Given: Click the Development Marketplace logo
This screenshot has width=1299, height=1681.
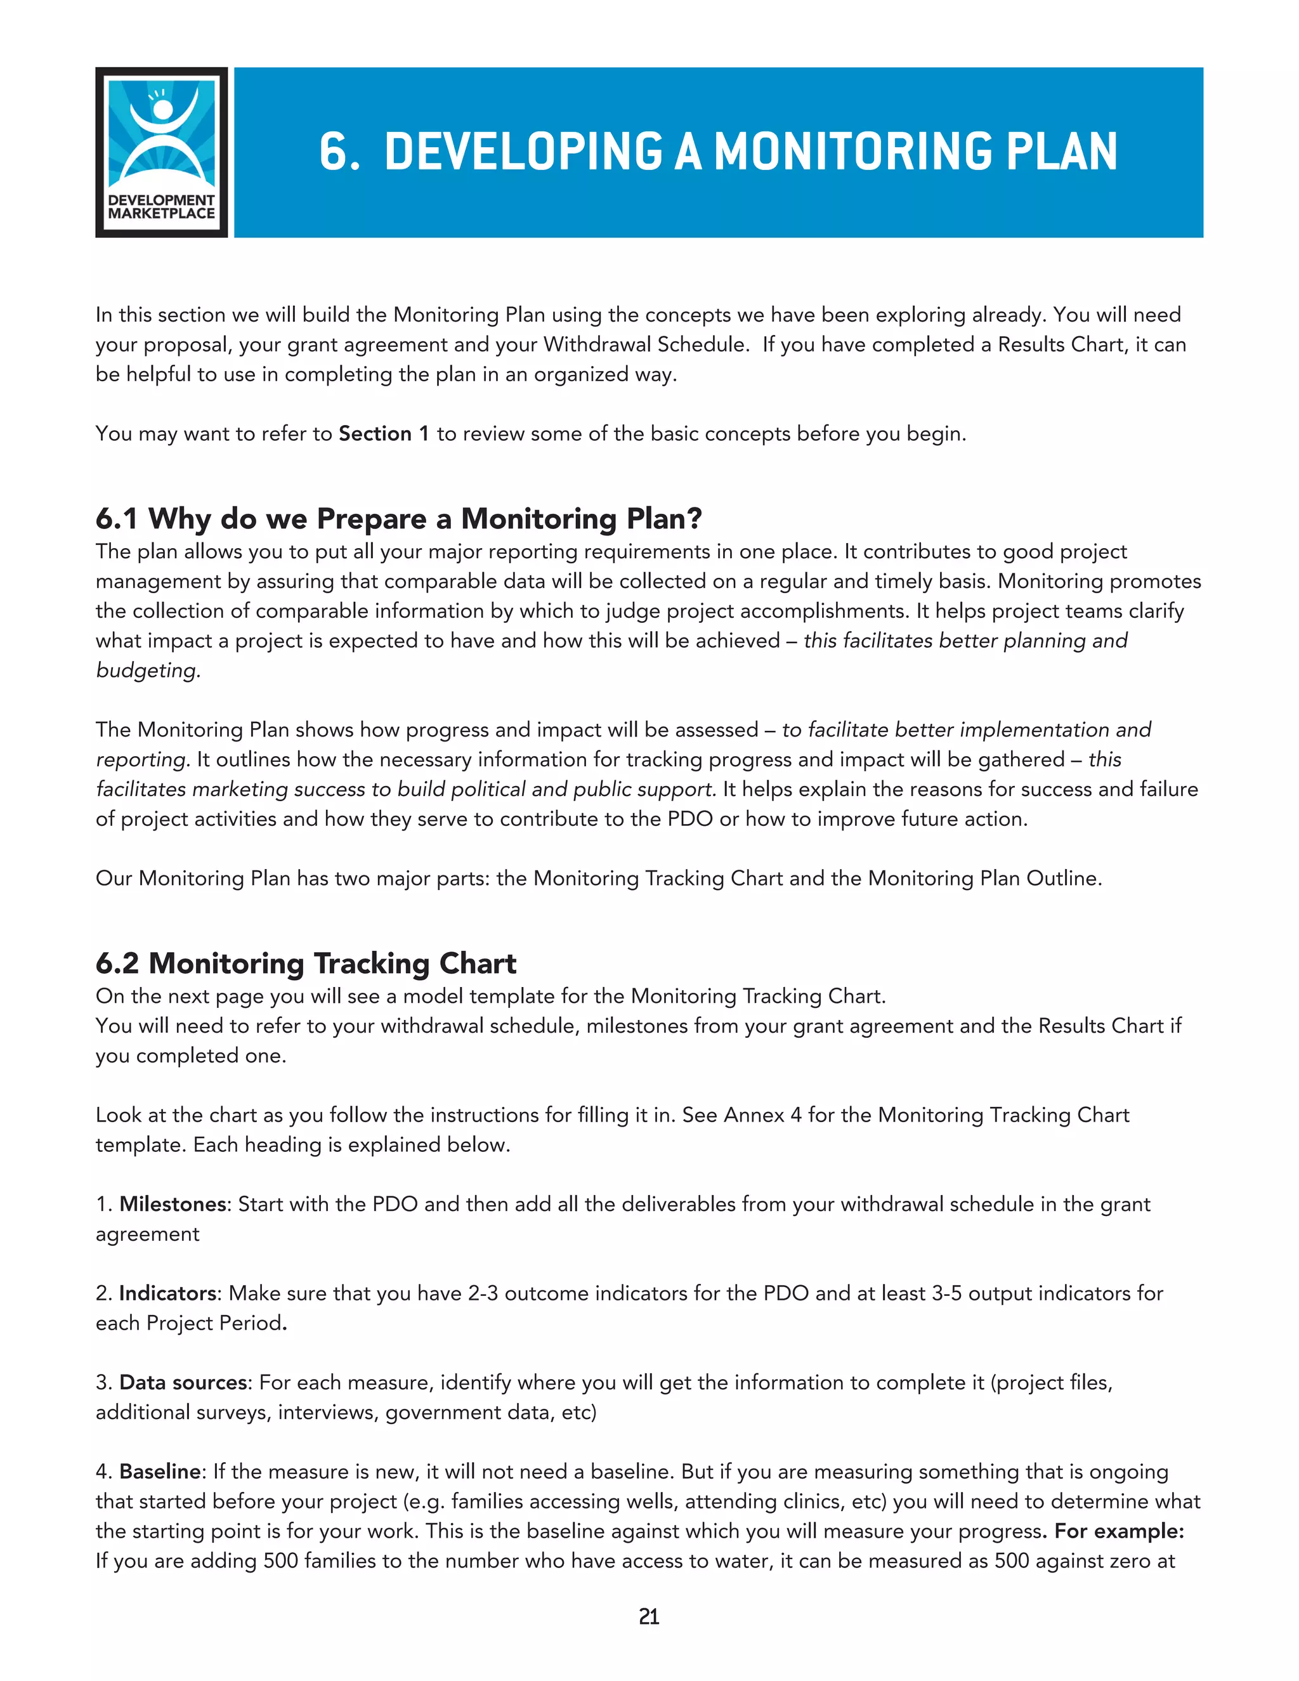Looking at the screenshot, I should point(161,152).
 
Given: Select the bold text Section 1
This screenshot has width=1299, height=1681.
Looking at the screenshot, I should point(383,434).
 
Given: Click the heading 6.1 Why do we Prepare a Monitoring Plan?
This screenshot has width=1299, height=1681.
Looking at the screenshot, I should point(398,519).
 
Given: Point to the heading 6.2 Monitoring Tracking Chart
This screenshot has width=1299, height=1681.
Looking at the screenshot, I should point(306,964).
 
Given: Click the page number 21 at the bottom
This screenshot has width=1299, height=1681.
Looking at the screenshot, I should point(649,1617).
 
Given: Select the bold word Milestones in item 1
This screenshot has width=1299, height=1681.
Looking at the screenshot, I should point(173,1205).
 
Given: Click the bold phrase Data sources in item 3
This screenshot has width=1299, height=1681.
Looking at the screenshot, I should point(183,1382).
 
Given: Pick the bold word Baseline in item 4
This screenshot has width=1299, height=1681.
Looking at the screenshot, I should point(160,1472).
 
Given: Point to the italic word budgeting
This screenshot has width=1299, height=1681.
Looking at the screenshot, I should point(148,670).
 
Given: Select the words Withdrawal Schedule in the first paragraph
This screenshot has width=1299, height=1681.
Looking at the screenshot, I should point(646,345).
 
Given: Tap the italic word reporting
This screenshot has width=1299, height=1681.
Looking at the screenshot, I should point(141,760).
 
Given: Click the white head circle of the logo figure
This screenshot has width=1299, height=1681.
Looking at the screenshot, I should point(162,109).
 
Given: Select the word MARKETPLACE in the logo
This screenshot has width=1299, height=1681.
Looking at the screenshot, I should point(161,214).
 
